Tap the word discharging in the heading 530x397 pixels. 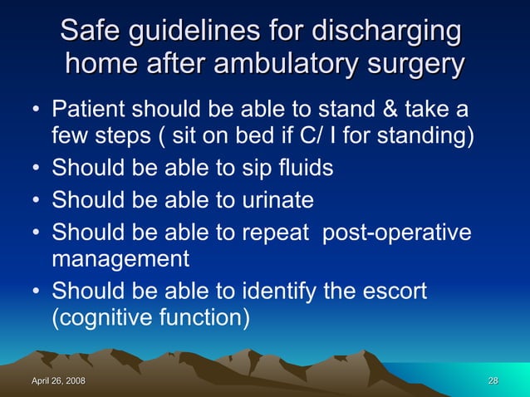(385, 33)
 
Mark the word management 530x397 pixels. (120, 259)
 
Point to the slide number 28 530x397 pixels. (493, 381)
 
